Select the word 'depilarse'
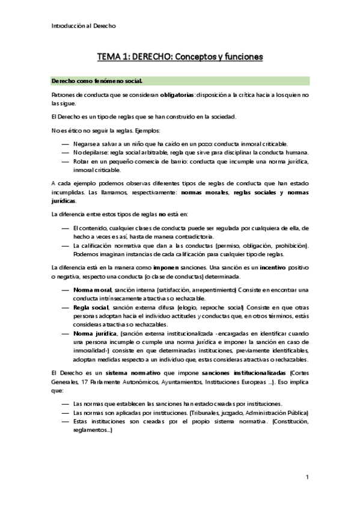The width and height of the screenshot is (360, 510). [x=97, y=153]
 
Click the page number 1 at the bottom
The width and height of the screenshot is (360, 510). [x=307, y=478]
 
